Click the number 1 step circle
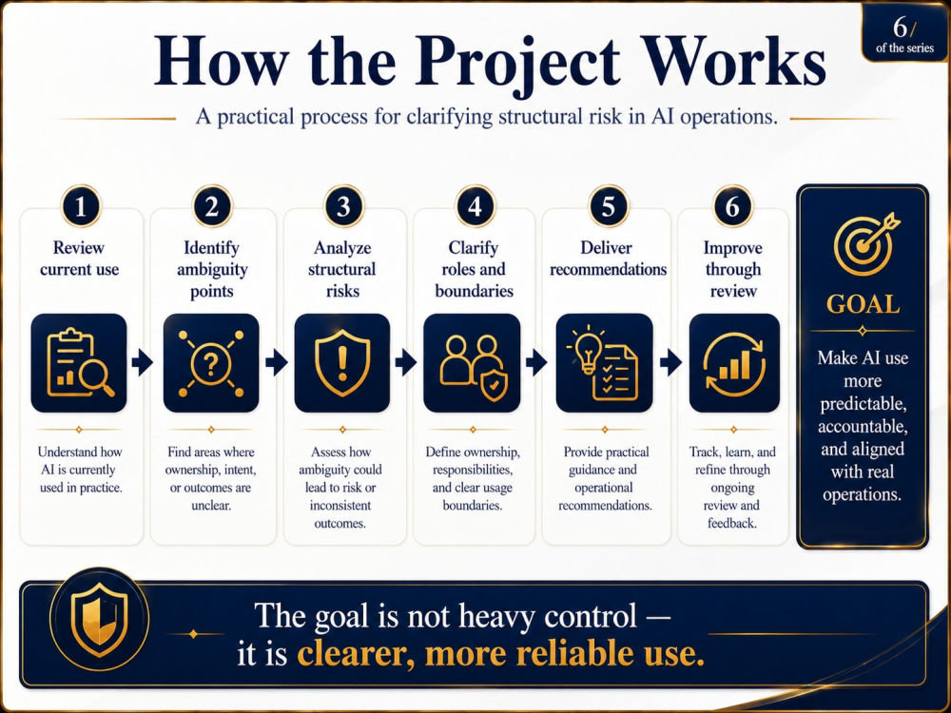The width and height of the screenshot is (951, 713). (80, 206)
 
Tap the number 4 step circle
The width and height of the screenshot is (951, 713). (475, 206)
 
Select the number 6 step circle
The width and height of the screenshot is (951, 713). (732, 206)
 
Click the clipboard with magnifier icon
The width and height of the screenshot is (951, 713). (79, 362)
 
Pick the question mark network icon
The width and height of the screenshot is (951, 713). (211, 362)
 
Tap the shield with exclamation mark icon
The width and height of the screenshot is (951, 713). (342, 362)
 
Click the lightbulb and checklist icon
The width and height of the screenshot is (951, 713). (604, 362)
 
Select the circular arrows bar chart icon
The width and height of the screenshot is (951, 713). (734, 362)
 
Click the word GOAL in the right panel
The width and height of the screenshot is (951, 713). (864, 304)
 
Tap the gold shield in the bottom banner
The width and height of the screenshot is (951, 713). (100, 620)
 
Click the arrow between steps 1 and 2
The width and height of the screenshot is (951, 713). (142, 362)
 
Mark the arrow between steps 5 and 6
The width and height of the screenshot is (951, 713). (670, 362)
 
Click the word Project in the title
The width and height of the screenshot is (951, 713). (517, 63)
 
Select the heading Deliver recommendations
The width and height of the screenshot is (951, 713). (608, 259)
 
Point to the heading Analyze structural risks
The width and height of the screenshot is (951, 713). (342, 269)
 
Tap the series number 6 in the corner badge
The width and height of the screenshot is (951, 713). (900, 27)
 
